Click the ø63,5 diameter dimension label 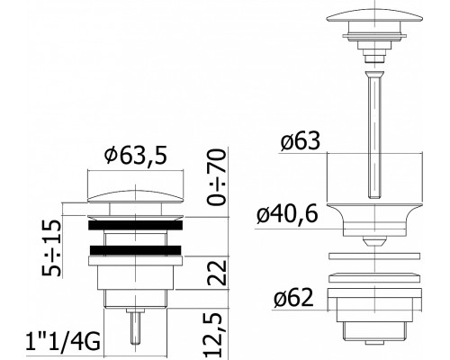pos(135,156)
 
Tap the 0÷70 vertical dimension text pos(217,177)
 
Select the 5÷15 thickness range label pos(51,247)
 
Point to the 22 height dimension pos(217,273)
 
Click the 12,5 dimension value pos(217,336)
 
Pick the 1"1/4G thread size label pos(63,341)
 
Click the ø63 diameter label pos(301,141)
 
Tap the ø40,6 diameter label pos(287,214)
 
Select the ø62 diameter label pos(293,298)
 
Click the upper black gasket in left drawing pos(135,225)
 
